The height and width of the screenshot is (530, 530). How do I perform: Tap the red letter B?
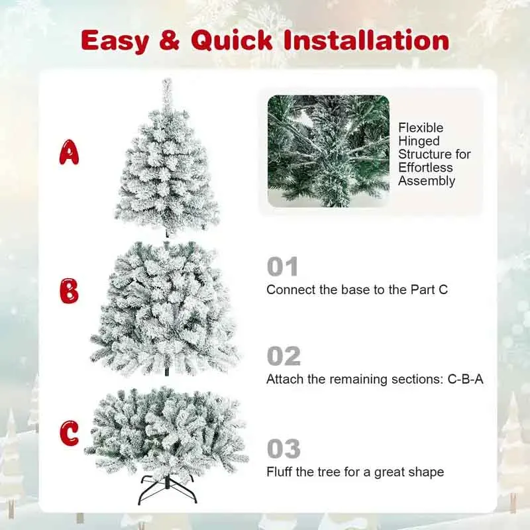click(69, 291)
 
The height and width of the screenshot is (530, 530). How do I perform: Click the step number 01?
click(283, 267)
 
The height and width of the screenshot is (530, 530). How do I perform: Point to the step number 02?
click(284, 356)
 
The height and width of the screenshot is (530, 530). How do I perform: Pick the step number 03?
click(284, 449)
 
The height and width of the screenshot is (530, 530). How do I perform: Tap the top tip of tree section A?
click(167, 83)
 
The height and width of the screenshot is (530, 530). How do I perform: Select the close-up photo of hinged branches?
click(328, 151)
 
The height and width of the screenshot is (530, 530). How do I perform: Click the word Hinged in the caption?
click(419, 141)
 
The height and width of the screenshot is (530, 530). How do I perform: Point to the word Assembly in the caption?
click(427, 181)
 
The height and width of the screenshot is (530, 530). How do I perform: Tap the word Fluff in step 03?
click(280, 472)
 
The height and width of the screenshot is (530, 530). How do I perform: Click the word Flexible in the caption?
click(421, 128)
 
